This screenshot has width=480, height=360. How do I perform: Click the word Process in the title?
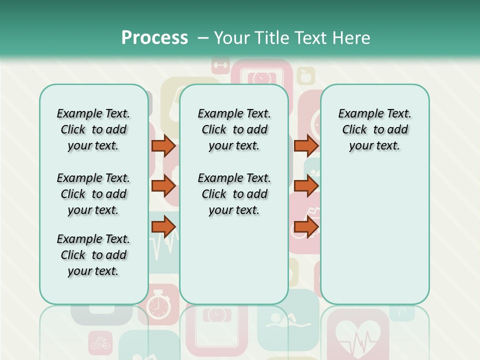pos(154,37)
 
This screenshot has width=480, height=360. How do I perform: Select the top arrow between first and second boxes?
pos(163,145)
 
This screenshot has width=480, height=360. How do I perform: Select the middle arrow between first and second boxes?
pos(163,186)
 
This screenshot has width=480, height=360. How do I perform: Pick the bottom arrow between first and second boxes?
pos(163,227)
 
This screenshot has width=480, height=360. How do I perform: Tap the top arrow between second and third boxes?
pos(306,145)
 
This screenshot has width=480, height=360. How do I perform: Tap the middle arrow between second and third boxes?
pos(306,186)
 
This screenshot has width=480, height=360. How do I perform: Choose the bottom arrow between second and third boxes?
pos(306,227)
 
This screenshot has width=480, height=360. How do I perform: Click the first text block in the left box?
pos(93,129)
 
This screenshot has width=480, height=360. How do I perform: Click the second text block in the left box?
pos(93,194)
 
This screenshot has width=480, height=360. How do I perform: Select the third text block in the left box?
pos(93,255)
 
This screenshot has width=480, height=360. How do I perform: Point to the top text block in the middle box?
pos(234,129)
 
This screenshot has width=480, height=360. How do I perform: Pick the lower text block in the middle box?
pos(234,194)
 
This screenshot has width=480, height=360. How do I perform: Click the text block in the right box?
pos(374,129)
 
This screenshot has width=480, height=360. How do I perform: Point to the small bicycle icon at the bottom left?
pos(100,343)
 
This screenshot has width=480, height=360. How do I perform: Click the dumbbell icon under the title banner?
pos(220,64)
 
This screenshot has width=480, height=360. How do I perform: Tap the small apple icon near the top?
pos(305,76)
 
